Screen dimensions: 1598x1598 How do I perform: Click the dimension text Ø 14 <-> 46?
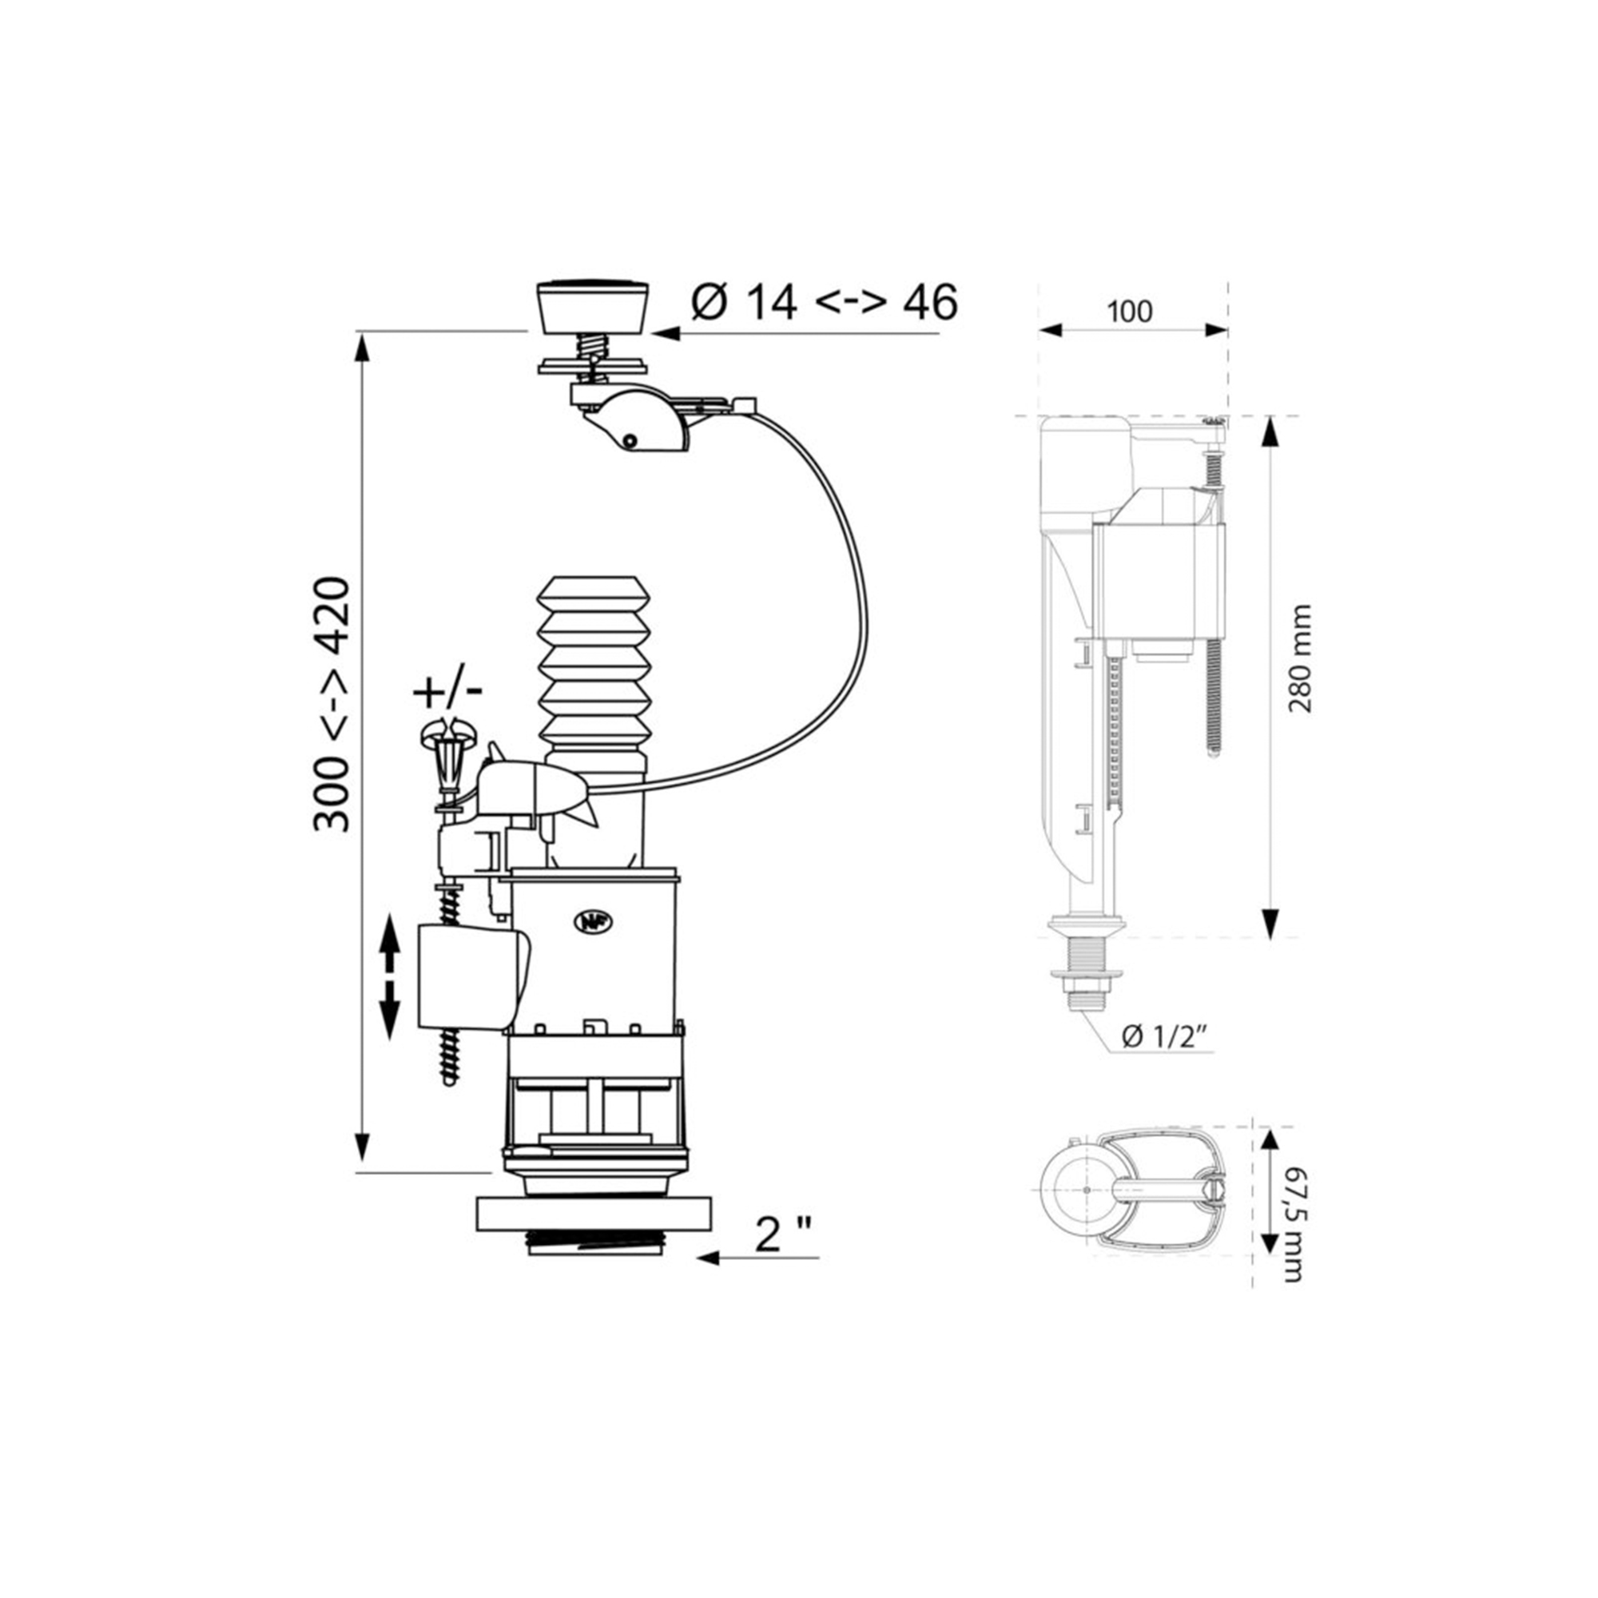[825, 303]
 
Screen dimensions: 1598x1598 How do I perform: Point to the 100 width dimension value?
[1129, 312]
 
